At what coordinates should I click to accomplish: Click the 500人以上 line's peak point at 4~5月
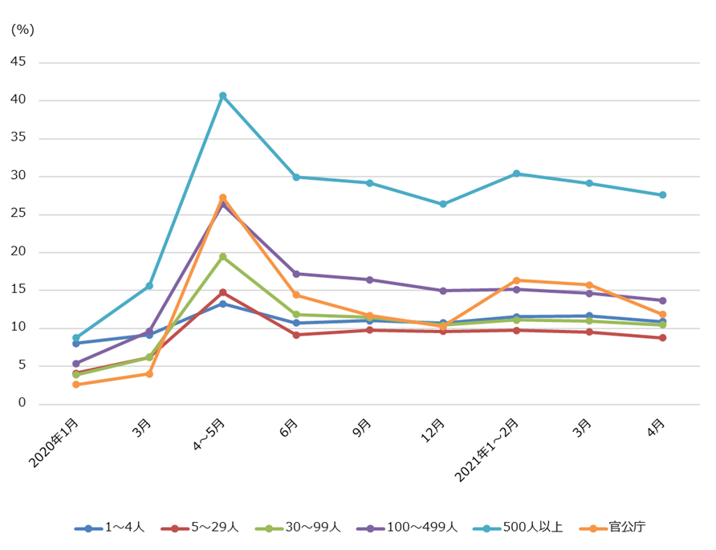[223, 96]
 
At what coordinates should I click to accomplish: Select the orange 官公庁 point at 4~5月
[223, 198]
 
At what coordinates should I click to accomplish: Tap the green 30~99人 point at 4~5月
[223, 257]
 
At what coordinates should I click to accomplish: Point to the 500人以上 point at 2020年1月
[76, 338]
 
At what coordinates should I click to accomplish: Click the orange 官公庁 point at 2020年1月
[76, 385]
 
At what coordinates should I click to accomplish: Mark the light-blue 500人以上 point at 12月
[443, 204]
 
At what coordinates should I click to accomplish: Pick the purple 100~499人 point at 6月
[296, 274]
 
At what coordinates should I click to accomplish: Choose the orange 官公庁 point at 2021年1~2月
[516, 280]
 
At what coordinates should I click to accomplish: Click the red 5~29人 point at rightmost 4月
[663, 338]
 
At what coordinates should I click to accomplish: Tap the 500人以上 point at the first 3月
[149, 286]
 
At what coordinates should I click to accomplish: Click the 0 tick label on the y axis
[22, 403]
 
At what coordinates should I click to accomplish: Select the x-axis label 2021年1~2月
[486, 450]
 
